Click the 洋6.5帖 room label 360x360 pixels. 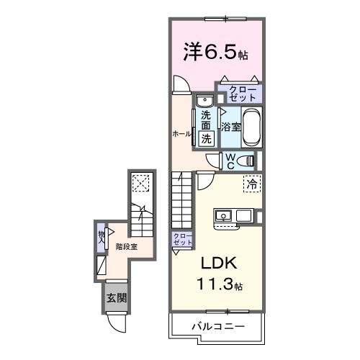pos(215,53)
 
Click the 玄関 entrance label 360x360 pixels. pos(115,297)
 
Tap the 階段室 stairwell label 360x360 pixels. pos(127,246)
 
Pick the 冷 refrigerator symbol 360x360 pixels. pos(251,184)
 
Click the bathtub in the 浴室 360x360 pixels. pos(251,127)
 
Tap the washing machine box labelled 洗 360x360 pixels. pos(206,138)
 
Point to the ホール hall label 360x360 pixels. pos(181,134)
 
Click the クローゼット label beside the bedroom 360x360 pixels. pos(240,92)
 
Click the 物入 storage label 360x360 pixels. pos(102,237)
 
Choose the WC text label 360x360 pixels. pos(230,160)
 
